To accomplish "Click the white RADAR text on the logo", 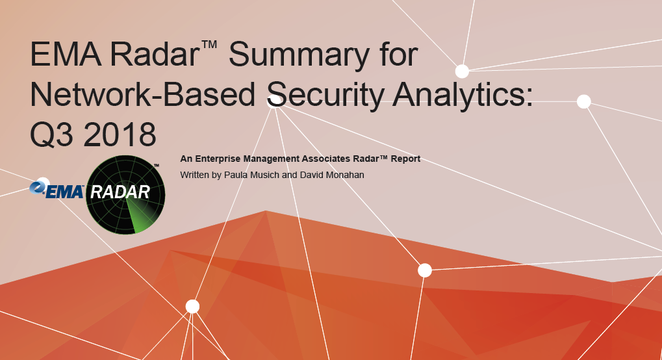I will click(x=121, y=192).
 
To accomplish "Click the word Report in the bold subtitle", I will click(x=406, y=159).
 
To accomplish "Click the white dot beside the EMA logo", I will click(x=42, y=184).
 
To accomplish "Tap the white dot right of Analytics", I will click(x=583, y=101).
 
